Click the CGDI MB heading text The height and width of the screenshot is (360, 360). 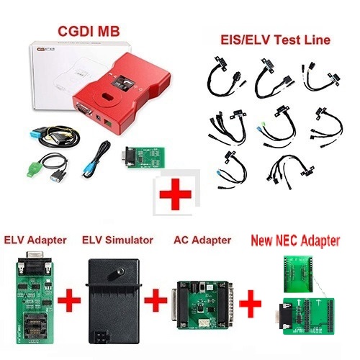[89, 31]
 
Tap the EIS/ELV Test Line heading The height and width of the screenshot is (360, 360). [276, 40]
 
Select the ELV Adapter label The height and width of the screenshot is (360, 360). [35, 240]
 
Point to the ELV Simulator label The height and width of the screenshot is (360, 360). [117, 240]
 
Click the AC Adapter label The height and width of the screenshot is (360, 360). [202, 240]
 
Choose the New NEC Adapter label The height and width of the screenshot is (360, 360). [295, 240]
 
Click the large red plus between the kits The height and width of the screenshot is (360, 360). [176, 194]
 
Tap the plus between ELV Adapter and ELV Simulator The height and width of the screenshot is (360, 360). [69, 300]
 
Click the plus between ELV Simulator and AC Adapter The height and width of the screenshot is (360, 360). [156, 300]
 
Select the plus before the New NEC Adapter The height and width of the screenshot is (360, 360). [251, 302]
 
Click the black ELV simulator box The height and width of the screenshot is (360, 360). [113, 301]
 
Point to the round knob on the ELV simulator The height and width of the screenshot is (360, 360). [118, 272]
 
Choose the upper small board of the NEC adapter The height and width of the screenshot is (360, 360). [298, 274]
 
